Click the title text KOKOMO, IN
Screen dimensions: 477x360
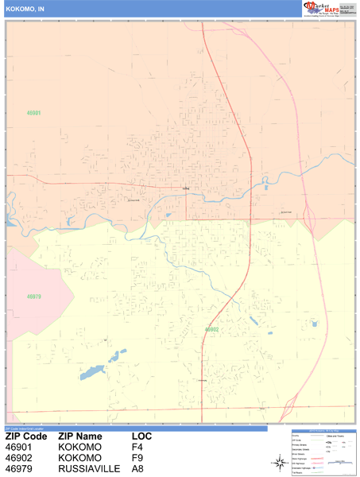tap(24, 8)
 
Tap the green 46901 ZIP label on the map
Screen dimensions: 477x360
tap(33, 114)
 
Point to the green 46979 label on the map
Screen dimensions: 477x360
tap(33, 297)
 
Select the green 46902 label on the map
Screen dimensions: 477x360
tap(211, 328)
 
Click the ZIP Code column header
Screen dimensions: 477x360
tap(26, 436)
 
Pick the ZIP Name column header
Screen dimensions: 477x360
tap(80, 436)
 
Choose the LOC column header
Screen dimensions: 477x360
tap(143, 436)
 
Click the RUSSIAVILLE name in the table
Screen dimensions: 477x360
tap(89, 469)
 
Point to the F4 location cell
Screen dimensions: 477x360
tap(137, 448)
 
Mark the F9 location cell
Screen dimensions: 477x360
tap(137, 458)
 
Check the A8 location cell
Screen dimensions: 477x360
tap(137, 469)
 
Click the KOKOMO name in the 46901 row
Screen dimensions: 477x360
tap(79, 448)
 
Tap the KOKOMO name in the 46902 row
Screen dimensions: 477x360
tap(79, 458)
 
